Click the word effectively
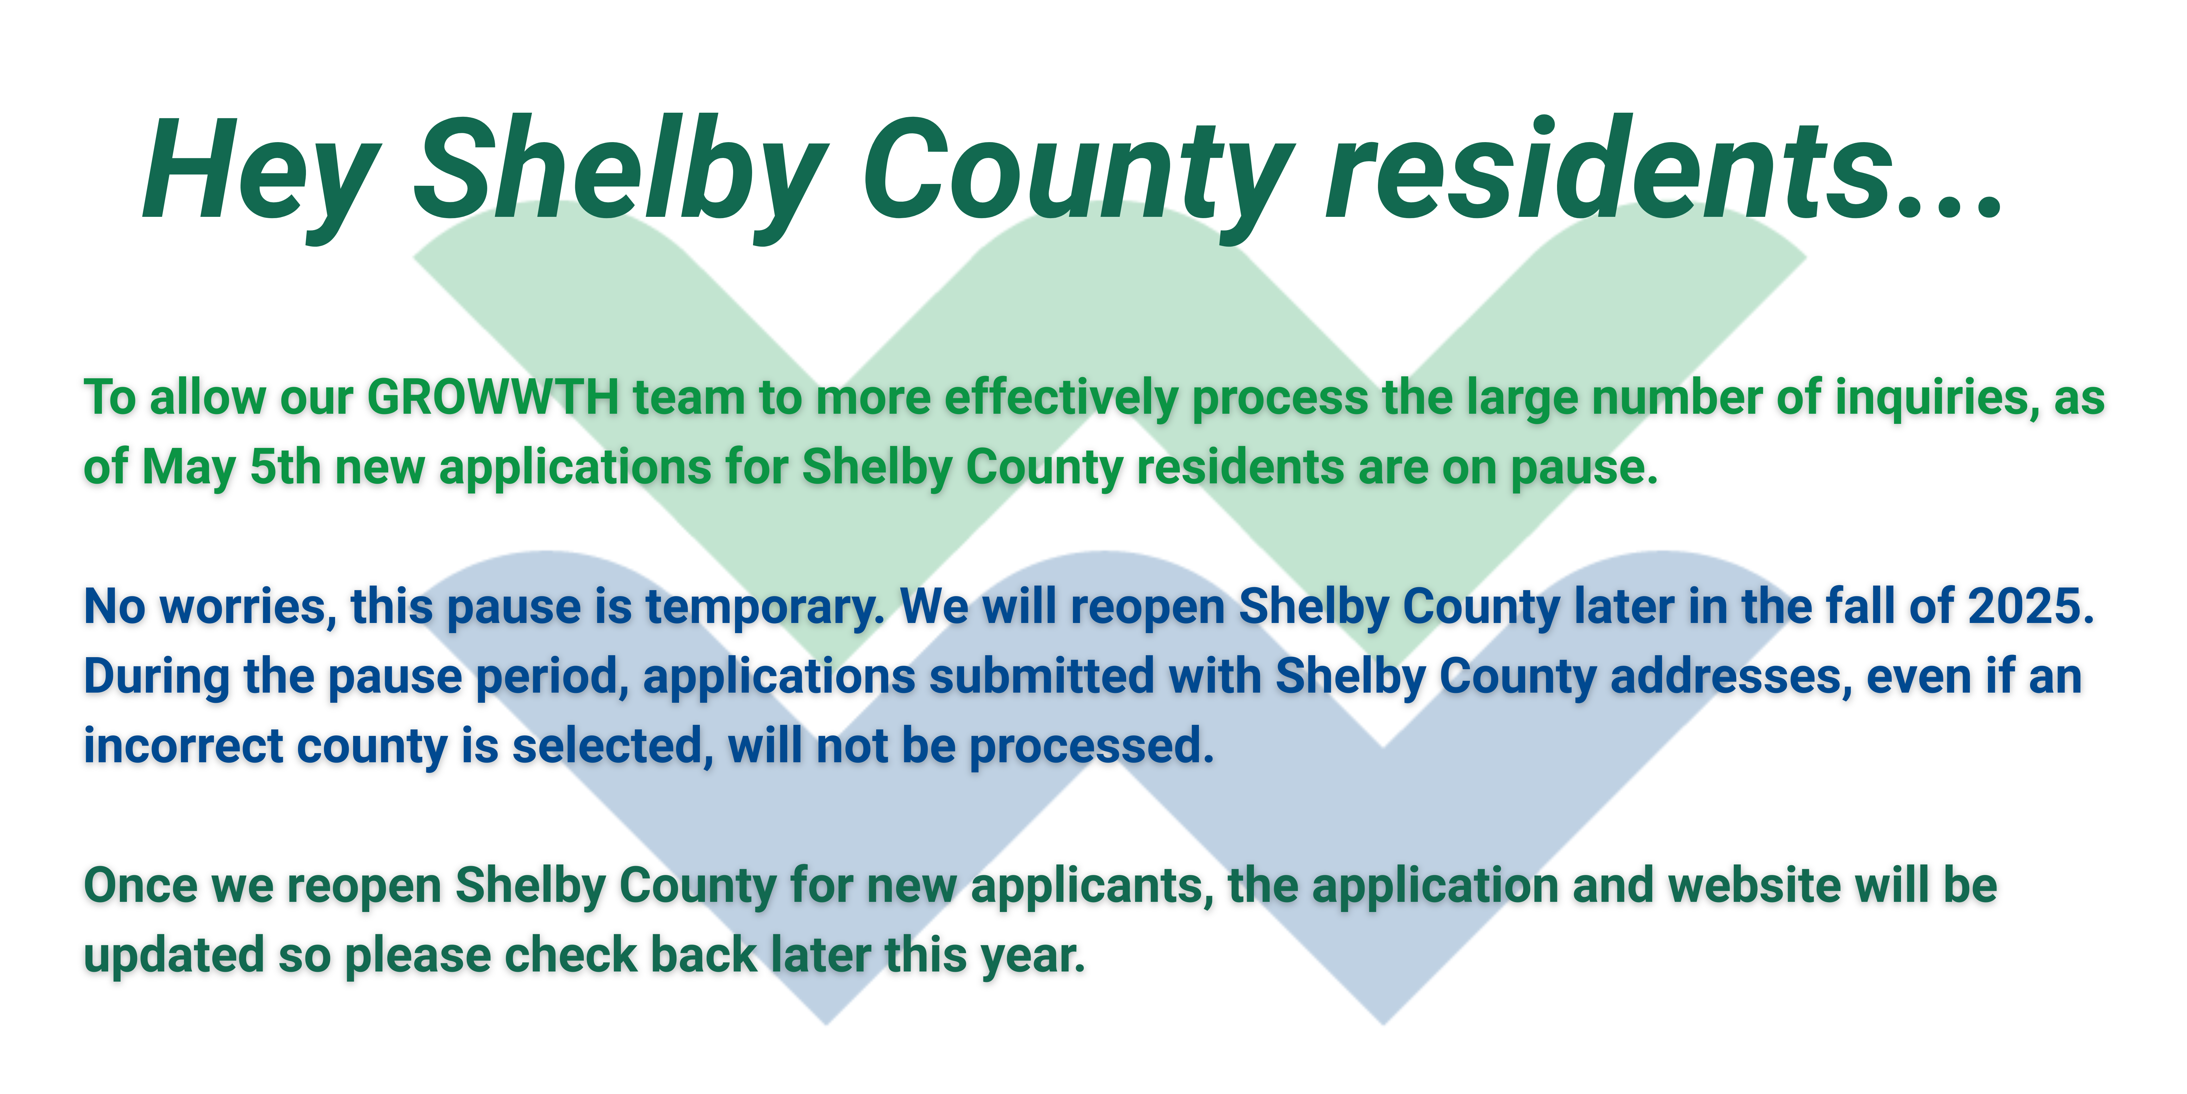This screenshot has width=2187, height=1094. [x=1061, y=399]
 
